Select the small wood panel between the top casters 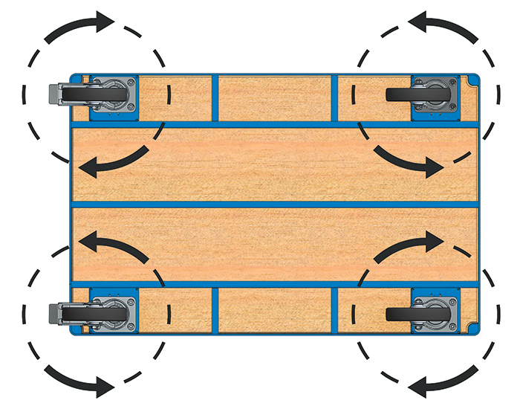click(x=275, y=97)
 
